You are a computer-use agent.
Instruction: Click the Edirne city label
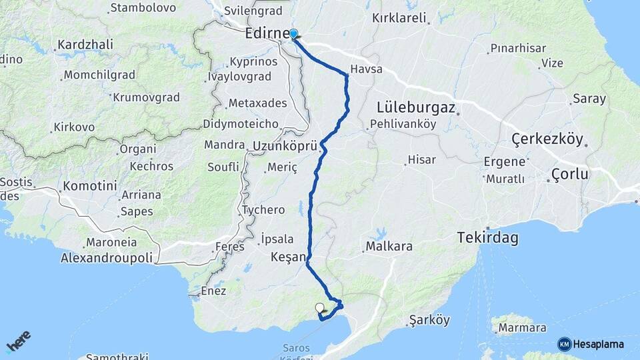[267, 33]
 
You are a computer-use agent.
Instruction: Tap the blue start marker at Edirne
[293, 33]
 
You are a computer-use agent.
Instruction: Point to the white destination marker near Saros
[320, 308]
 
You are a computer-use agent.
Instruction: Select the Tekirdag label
[487, 237]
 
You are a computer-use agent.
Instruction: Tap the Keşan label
[289, 257]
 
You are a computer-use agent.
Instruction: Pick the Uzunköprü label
[285, 145]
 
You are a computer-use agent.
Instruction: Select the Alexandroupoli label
[107, 257]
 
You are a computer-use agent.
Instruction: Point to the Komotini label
[91, 186]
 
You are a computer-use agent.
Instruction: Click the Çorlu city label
[570, 174]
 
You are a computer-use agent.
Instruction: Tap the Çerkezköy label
[547, 139]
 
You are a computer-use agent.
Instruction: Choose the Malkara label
[389, 247]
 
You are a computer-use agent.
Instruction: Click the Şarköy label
[429, 319]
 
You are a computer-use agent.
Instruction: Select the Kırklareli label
[399, 18]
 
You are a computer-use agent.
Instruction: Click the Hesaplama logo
[591, 344]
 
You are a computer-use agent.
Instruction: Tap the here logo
[18, 341]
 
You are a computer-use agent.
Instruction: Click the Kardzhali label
[85, 44]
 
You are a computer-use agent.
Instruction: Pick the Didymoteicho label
[240, 124]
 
